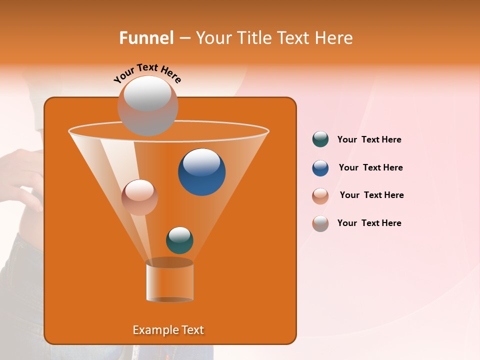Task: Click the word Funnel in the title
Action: click(x=146, y=38)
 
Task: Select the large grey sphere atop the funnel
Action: click(x=147, y=105)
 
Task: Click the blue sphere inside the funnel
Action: click(x=201, y=171)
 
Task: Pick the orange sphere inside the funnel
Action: click(x=139, y=197)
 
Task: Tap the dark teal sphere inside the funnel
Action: click(x=179, y=240)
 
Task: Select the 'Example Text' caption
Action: click(x=168, y=330)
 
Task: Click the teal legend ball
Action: click(x=320, y=139)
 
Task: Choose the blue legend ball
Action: click(x=320, y=168)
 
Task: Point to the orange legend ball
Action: click(x=320, y=196)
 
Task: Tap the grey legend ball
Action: click(x=320, y=223)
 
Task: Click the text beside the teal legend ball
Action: click(x=369, y=140)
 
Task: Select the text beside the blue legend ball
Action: click(x=370, y=168)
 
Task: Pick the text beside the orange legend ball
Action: click(x=371, y=195)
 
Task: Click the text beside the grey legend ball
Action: click(x=369, y=223)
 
